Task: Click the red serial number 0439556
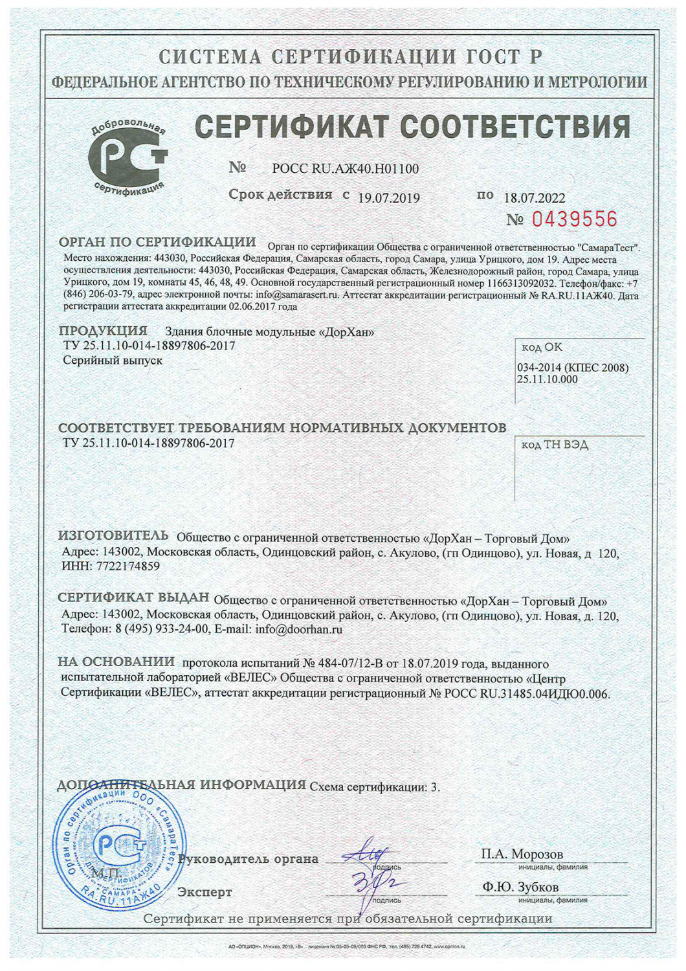(x=575, y=219)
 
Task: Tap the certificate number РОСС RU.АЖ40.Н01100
(x=345, y=169)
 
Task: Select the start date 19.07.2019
(x=389, y=198)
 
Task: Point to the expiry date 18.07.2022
(x=534, y=198)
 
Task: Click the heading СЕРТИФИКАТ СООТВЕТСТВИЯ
(x=413, y=127)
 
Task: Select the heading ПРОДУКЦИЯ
(x=103, y=331)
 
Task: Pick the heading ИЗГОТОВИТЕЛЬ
(x=113, y=536)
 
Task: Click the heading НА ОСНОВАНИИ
(x=116, y=662)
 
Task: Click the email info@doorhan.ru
(x=299, y=629)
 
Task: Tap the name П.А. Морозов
(x=522, y=854)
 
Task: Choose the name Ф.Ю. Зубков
(x=520, y=887)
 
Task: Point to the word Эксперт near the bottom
(x=205, y=892)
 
